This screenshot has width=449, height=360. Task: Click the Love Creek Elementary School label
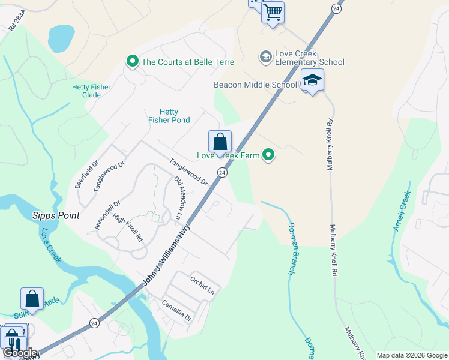309,58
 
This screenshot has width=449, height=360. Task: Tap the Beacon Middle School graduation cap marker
312,80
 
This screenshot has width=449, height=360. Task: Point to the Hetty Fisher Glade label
91,91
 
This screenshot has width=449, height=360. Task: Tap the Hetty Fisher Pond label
169,116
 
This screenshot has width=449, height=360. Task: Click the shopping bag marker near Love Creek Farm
220,142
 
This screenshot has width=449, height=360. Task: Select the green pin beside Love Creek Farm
269,155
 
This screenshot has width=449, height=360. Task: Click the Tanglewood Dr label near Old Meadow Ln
188,172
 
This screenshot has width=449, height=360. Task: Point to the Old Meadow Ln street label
179,197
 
